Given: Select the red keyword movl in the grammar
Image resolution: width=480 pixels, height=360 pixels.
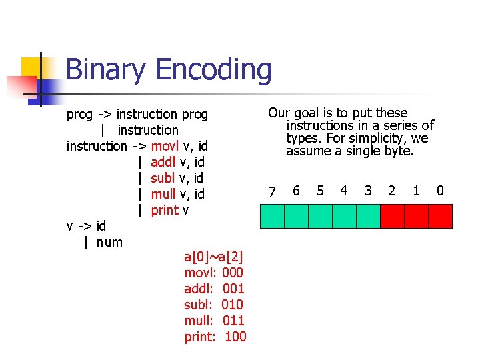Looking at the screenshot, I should pyautogui.click(x=165, y=146).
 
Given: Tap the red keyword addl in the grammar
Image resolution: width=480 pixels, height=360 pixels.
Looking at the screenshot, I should pyautogui.click(x=163, y=162).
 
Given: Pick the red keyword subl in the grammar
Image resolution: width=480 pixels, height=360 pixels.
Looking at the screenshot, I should pyautogui.click(x=163, y=178).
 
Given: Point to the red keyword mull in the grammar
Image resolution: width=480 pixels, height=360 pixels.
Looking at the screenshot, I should pyautogui.click(x=163, y=194).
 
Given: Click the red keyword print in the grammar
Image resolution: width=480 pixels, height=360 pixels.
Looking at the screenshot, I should pyautogui.click(x=165, y=210).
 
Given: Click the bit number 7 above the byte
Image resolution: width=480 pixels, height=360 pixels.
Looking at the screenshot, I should pyautogui.click(x=271, y=192).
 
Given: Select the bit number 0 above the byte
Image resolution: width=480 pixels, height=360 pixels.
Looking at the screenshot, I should pyautogui.click(x=440, y=191).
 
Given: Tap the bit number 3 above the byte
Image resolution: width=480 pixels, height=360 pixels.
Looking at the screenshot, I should pyautogui.click(x=368, y=191).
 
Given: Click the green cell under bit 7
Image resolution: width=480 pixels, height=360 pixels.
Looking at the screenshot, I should pyautogui.click(x=272, y=216).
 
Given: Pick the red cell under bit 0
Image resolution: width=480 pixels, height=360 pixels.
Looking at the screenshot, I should pyautogui.click(x=440, y=216).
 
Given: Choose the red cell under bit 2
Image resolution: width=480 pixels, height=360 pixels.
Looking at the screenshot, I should pyautogui.click(x=392, y=216).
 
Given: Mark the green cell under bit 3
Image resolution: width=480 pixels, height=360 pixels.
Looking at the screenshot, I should pyautogui.click(x=368, y=216).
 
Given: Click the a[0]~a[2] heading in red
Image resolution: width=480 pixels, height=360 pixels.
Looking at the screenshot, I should pyautogui.click(x=213, y=257).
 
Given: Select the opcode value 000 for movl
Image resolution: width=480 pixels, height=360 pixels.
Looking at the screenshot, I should pyautogui.click(x=233, y=273).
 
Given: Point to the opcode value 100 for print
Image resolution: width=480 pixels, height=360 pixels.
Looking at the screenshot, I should pyautogui.click(x=235, y=337).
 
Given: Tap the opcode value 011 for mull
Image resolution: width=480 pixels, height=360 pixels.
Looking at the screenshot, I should pyautogui.click(x=233, y=321).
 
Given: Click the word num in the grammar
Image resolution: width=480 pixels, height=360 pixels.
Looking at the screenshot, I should pyautogui.click(x=109, y=242).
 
